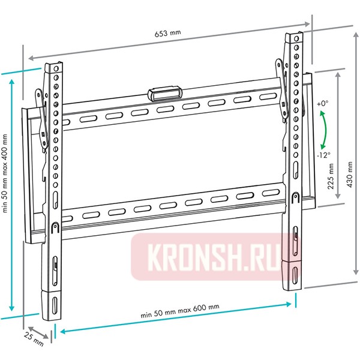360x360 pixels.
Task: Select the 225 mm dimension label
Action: [x=330, y=175]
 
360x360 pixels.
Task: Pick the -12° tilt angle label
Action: [x=324, y=155]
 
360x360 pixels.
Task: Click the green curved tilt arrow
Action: [x=325, y=129]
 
